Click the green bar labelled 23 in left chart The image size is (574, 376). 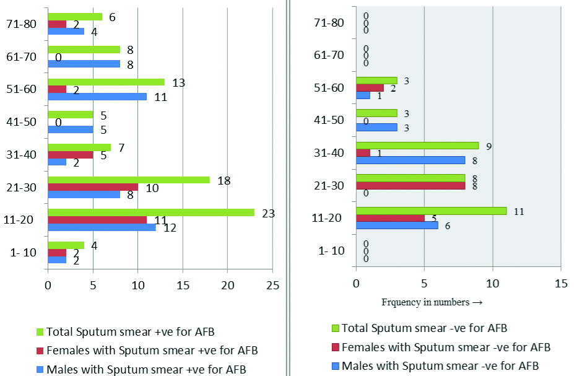(150, 212)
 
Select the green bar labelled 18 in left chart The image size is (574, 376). (128, 180)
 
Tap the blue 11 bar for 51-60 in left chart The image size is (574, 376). (97, 96)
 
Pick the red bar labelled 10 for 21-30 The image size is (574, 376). (92, 187)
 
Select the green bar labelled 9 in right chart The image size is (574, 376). (417, 146)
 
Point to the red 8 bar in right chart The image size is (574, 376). (410, 185)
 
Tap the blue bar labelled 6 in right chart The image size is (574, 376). (397, 225)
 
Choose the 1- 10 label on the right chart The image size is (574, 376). (331, 251)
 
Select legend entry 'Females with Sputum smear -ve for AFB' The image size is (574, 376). (446, 347)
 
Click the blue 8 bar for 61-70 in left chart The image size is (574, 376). (84, 64)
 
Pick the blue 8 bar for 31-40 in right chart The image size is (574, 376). (410, 160)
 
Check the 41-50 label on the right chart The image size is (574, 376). (331, 120)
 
